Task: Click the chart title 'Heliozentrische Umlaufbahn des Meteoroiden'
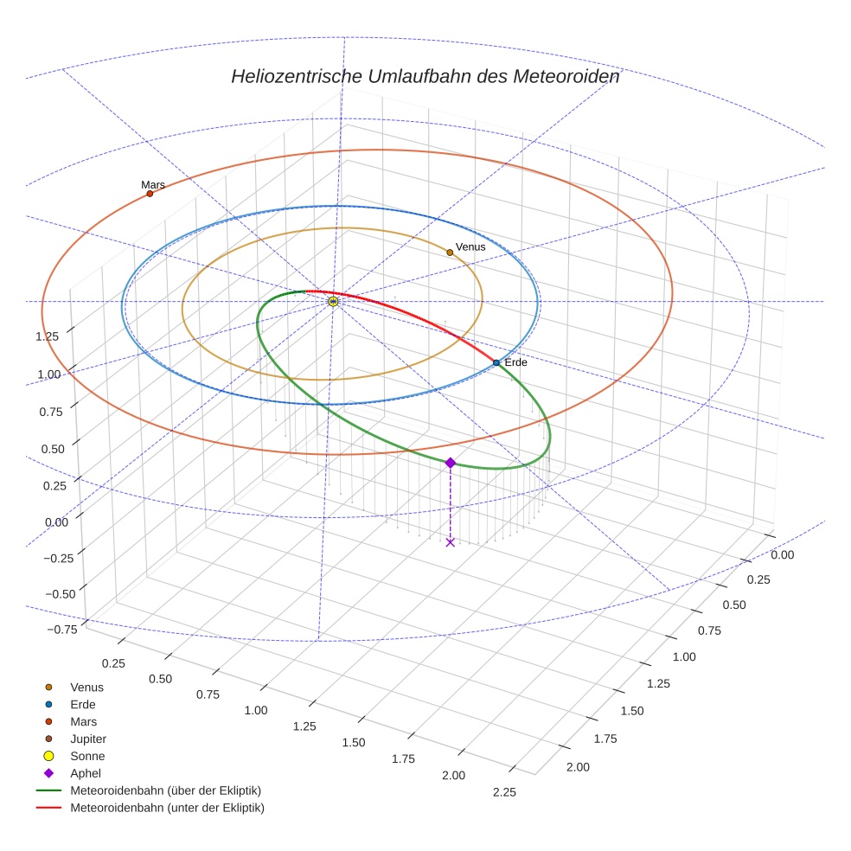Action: [425, 76]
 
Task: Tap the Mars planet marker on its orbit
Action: [150, 194]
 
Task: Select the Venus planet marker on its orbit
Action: [450, 253]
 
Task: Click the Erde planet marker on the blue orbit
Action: [496, 362]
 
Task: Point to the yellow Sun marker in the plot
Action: [333, 302]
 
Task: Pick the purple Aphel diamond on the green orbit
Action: [450, 463]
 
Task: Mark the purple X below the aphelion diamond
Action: [450, 542]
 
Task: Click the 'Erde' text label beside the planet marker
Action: [515, 362]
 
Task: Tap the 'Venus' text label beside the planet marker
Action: [470, 246]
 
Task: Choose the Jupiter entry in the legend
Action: [87, 739]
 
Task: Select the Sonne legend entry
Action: [87, 756]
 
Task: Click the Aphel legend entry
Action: [85, 773]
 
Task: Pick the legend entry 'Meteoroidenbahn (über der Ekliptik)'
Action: [165, 790]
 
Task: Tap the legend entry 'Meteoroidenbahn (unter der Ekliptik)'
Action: [167, 808]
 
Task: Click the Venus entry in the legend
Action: [86, 687]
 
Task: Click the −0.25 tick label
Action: [59, 558]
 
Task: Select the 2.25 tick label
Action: [503, 792]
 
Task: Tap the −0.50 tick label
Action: [59, 593]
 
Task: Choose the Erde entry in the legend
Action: [83, 704]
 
